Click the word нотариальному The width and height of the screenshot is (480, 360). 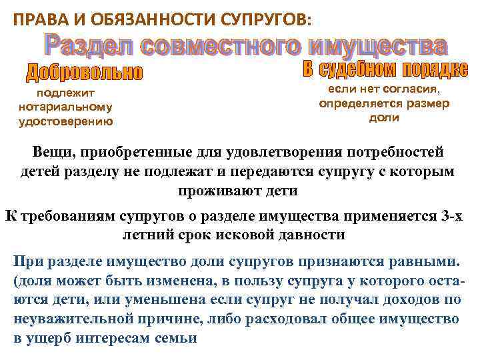pos(66,107)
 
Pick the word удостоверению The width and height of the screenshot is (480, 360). pos(66,121)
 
